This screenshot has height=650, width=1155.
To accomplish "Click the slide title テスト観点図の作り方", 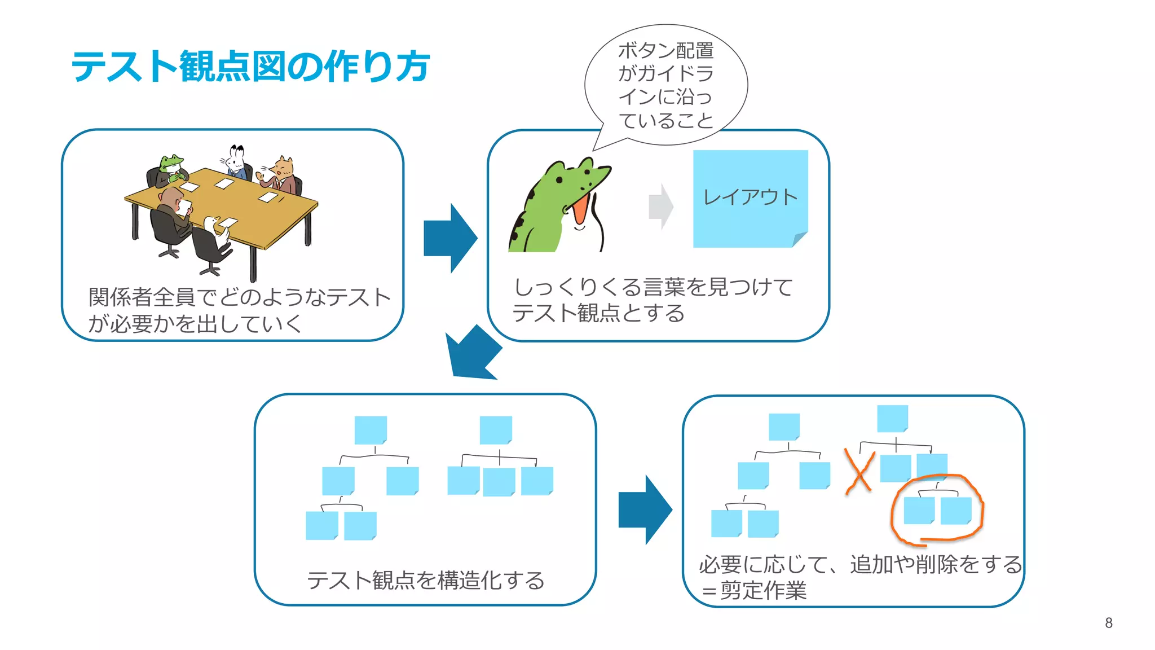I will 250,67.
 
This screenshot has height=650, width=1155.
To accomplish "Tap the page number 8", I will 1108,623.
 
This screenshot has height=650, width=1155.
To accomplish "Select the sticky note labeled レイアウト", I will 750,198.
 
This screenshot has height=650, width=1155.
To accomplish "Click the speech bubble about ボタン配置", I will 666,85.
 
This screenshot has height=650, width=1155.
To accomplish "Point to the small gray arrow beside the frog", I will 661,207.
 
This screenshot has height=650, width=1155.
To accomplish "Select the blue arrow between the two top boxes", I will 451,238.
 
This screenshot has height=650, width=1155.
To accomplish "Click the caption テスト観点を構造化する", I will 426,580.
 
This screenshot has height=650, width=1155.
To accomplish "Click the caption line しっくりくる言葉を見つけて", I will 653,287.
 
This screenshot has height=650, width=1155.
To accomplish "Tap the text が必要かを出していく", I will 195,324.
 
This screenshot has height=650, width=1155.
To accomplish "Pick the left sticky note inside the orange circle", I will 919,510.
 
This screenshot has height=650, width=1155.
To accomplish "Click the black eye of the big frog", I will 558,180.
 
